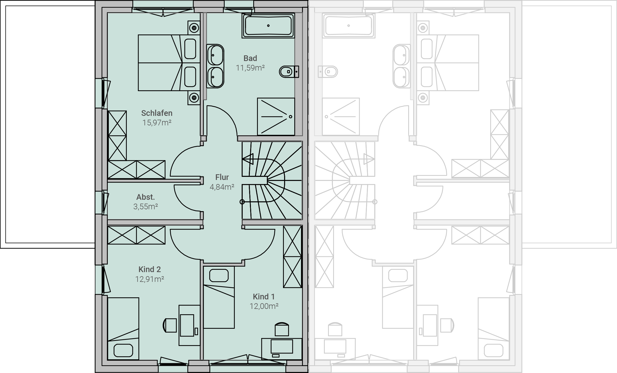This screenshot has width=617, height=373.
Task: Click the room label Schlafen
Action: pos(157,113)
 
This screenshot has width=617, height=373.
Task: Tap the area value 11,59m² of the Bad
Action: pos(250,68)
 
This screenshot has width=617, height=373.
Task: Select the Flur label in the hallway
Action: pos(222,177)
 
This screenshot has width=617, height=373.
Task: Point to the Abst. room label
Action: pos(146,197)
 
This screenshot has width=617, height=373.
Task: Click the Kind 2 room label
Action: pos(150,269)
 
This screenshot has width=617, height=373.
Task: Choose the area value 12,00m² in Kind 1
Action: pos(264,306)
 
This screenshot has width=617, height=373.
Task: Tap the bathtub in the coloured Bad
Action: pos(268,25)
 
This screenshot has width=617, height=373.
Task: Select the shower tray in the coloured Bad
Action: pos(276,116)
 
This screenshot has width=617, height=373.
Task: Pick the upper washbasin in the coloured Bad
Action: pos(215,55)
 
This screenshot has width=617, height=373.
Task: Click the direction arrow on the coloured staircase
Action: pos(248,159)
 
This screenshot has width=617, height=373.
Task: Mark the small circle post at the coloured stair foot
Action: pos(242,202)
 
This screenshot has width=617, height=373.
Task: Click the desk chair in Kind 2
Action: pos(170,325)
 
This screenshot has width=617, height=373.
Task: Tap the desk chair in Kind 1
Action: pos(282,329)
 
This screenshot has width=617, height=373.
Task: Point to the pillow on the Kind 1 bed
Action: pos(219,275)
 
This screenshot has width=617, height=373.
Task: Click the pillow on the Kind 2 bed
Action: pos(123,350)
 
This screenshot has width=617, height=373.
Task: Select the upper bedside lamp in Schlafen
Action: pos(194,28)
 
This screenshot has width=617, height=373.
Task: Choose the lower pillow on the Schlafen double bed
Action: pos(190,77)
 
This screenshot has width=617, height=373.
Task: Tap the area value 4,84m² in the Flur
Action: pos(222,187)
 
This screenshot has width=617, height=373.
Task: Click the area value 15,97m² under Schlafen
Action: pos(157,123)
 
